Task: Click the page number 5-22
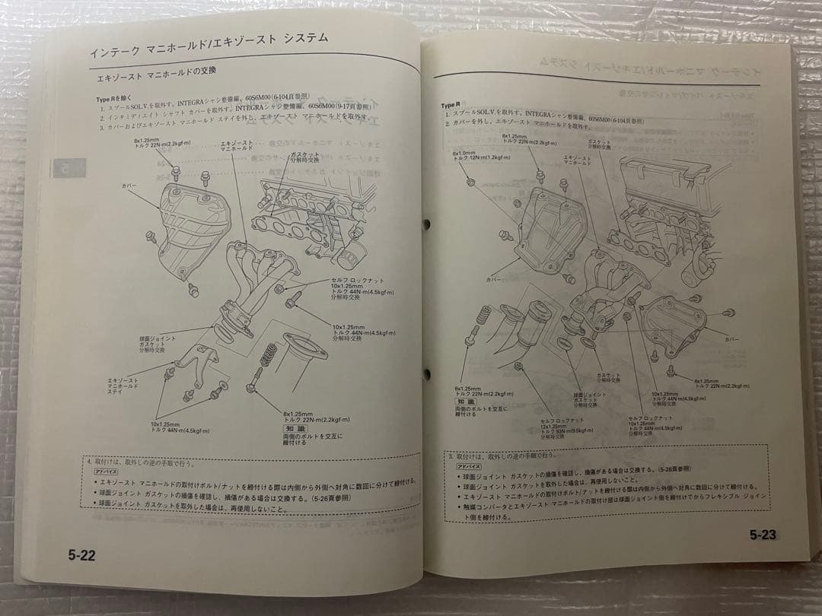pyautogui.click(x=81, y=555)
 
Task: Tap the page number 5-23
pyautogui.click(x=762, y=535)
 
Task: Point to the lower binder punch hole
pyautogui.click(x=425, y=373)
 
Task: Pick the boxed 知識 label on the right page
pyautogui.click(x=465, y=401)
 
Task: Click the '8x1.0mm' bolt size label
pyautogui.click(x=464, y=152)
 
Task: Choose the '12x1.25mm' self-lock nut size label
pyautogui.click(x=554, y=426)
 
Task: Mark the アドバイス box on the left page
pyautogui.click(x=104, y=472)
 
